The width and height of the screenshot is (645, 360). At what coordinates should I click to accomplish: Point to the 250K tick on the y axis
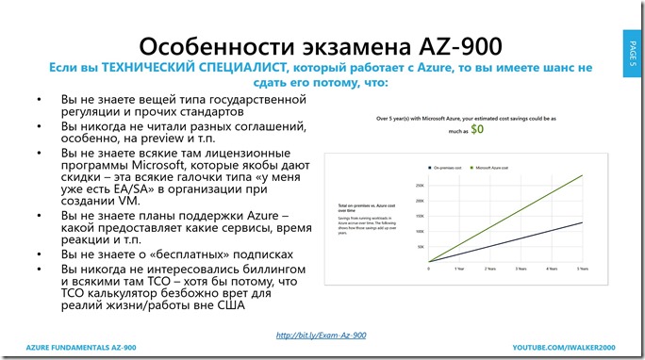[x=421, y=185]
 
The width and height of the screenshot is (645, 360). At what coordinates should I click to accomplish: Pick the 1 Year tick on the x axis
[x=457, y=269]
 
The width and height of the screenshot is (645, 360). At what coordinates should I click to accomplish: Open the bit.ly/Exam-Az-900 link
[x=322, y=335]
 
